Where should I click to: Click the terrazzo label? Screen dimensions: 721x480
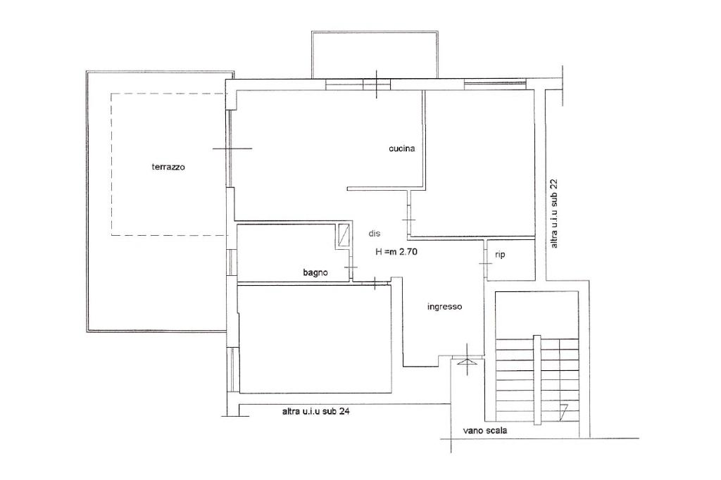[168, 167]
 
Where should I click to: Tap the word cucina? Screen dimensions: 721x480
[401, 148]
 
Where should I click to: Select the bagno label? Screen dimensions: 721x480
[315, 272]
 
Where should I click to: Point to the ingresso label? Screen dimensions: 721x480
[445, 307]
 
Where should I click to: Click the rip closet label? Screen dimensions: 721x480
[501, 254]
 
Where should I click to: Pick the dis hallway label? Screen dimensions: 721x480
[375, 233]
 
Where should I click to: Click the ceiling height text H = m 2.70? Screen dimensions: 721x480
[396, 251]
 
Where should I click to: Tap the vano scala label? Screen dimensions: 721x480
[485, 431]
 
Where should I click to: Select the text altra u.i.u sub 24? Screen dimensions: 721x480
[316, 412]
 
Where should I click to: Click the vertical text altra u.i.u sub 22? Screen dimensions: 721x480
[555, 214]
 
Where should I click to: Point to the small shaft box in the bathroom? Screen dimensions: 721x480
[343, 235]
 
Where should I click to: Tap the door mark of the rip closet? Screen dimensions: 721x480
[486, 263]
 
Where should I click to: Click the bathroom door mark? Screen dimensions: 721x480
[351, 267]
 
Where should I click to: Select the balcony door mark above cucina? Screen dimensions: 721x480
[377, 84]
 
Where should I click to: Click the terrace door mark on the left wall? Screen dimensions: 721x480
[232, 149]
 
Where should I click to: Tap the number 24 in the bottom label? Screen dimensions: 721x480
[344, 412]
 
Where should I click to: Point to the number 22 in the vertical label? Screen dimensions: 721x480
[555, 184]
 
